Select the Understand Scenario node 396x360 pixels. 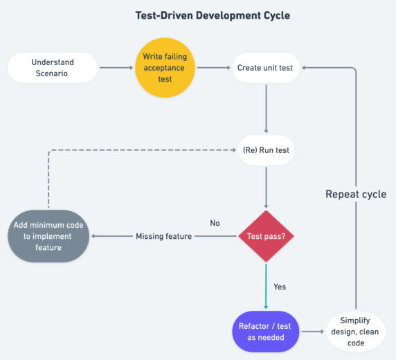53,68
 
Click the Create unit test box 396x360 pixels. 266,68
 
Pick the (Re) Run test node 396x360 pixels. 266,150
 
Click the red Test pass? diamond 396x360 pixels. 266,236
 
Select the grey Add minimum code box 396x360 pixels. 49,236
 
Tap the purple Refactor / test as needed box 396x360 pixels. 266,332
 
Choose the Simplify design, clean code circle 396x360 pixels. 356,332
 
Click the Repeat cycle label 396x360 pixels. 356,194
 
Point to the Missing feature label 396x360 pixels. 163,236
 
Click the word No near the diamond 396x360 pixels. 215,223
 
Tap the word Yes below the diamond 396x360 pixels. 280,286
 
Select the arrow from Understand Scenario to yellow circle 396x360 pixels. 116,68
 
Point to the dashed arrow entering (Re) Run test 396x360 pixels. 138,150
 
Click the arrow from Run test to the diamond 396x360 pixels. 266,186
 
